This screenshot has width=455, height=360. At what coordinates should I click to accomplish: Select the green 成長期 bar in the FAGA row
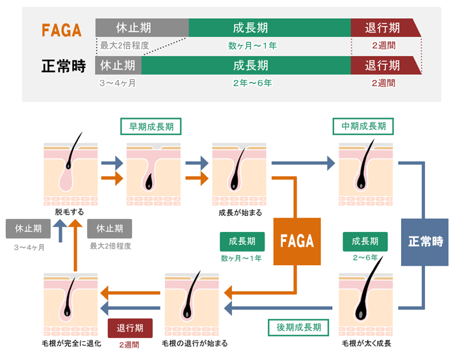click(x=270, y=28)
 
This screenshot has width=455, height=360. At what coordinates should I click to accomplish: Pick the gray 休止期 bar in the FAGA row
click(x=142, y=28)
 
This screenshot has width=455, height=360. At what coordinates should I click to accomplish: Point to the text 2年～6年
click(x=252, y=83)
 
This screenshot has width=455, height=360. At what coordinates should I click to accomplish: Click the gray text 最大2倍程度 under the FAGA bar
click(x=125, y=45)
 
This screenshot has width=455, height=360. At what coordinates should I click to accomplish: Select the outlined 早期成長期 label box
click(x=151, y=125)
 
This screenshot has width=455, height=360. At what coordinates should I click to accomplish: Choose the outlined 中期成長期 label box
click(x=363, y=125)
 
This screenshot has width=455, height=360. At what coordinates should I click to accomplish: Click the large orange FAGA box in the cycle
click(x=296, y=241)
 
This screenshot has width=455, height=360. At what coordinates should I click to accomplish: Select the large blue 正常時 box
click(x=425, y=241)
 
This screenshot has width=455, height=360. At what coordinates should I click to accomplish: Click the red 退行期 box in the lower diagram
click(x=130, y=328)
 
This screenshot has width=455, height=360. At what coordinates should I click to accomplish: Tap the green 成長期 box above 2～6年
click(x=365, y=241)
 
